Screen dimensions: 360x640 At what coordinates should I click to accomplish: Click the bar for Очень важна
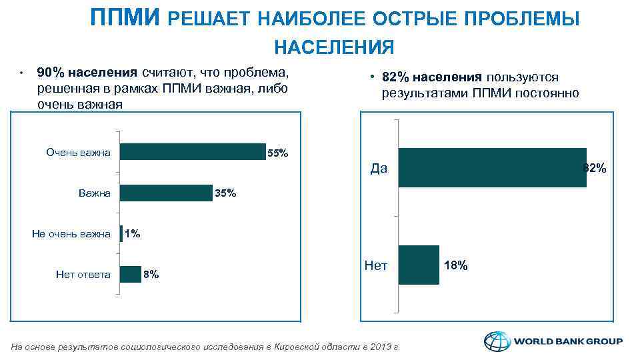click(192, 152)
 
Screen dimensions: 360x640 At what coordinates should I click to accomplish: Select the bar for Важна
click(166, 193)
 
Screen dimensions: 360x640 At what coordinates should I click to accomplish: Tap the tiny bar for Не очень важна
click(121, 233)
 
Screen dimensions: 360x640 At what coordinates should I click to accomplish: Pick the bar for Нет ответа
click(131, 274)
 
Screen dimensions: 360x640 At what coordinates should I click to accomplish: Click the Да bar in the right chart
click(492, 167)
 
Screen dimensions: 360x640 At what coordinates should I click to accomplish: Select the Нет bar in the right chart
click(419, 265)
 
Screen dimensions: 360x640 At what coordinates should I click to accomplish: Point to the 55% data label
click(277, 154)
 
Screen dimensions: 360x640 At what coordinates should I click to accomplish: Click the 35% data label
click(225, 194)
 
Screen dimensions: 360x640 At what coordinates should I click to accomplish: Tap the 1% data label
click(132, 234)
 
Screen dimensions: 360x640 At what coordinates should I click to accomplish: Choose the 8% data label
click(151, 274)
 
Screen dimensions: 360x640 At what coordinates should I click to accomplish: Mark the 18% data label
click(456, 266)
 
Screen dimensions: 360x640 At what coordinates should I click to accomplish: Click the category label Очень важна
click(78, 153)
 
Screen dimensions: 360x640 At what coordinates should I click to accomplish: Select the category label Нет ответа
click(83, 274)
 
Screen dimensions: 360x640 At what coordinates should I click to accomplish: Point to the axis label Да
click(379, 168)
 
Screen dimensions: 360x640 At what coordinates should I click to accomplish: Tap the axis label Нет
click(376, 266)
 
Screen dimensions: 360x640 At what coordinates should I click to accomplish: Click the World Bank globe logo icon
click(495, 341)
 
